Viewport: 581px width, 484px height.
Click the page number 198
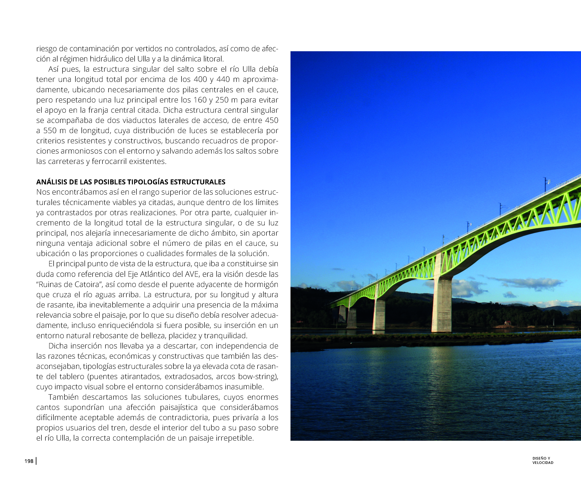(29, 461)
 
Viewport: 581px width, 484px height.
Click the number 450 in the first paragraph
(271, 120)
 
